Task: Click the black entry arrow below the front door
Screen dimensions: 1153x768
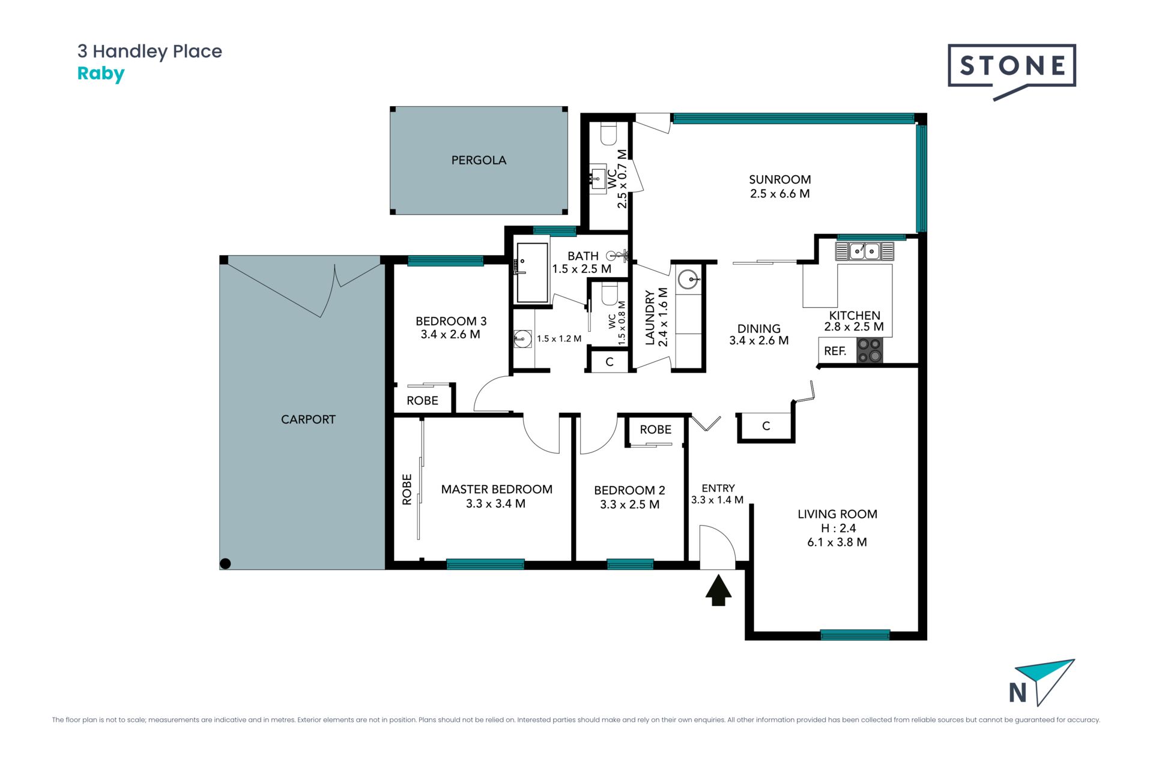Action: pos(718,590)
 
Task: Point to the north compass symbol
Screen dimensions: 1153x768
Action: pos(1042,683)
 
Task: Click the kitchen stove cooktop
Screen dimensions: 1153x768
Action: pos(869,350)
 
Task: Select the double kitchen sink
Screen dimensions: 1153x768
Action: pos(864,251)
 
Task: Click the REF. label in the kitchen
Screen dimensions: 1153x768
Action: pos(835,351)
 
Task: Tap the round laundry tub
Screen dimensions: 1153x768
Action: pos(688,280)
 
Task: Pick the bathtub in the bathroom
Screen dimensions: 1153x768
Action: pos(532,273)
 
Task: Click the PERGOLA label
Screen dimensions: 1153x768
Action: pos(479,160)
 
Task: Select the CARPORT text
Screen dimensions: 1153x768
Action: pos(308,419)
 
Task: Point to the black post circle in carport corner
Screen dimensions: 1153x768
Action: pos(225,563)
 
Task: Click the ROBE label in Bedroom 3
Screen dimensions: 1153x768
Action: pos(422,401)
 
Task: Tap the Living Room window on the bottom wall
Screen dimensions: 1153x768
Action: pos(855,635)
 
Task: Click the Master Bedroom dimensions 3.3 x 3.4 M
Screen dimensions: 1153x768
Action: pos(495,504)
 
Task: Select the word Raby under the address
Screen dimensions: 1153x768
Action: pos(101,74)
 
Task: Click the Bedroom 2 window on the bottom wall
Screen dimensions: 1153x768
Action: pos(630,564)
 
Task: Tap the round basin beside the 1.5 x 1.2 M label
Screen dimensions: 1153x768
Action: pos(523,339)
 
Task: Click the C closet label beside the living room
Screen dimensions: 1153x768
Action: pos(766,426)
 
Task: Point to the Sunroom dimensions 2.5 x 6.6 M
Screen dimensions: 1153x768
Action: pos(779,194)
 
